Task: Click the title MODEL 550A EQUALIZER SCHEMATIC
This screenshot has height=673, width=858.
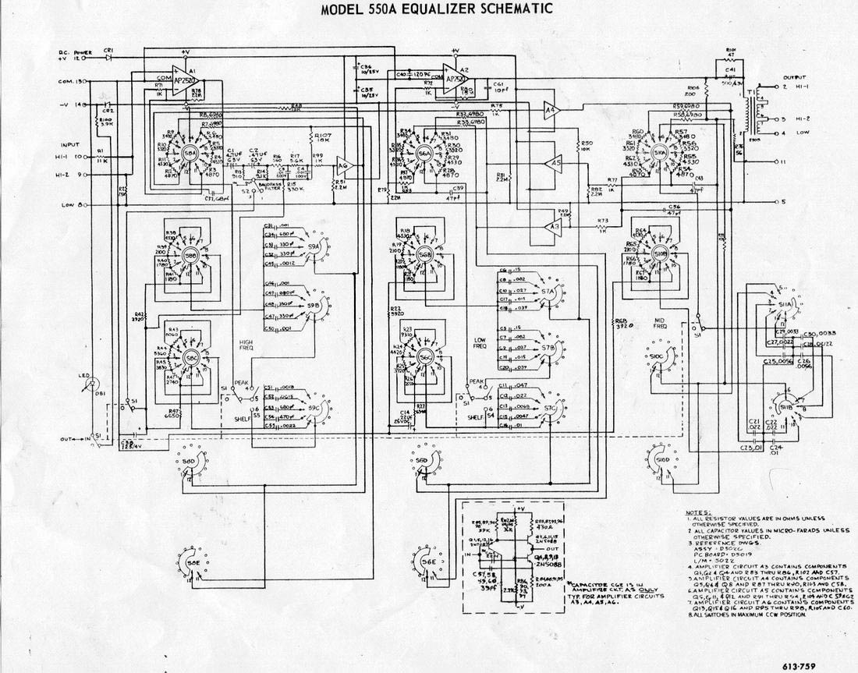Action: coord(438,9)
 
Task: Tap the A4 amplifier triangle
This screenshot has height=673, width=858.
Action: coord(551,111)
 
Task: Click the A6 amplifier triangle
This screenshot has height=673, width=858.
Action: coord(343,165)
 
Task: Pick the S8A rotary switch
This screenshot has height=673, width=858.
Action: coord(190,154)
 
